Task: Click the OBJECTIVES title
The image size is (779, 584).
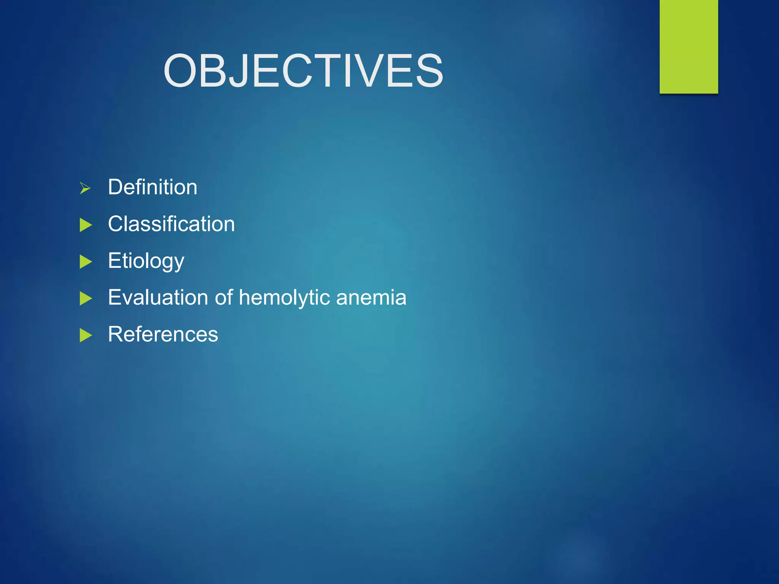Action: point(303,71)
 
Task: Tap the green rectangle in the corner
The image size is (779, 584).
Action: point(688,46)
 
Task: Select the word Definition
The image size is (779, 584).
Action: point(153,187)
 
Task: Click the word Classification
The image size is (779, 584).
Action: point(171,224)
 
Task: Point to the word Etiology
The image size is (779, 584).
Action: point(146,261)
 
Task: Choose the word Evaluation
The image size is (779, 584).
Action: point(158,297)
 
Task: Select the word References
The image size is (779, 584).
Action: point(163,334)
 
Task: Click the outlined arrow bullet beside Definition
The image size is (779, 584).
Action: point(85,188)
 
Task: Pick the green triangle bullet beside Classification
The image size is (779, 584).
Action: point(86,225)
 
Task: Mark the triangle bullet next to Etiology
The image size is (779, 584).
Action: point(86,262)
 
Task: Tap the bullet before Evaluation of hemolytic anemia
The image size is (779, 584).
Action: point(86,298)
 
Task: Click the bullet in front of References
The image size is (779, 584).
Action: point(86,335)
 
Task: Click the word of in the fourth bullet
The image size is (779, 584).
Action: point(224,297)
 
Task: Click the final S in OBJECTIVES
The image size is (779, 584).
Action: point(429,71)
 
